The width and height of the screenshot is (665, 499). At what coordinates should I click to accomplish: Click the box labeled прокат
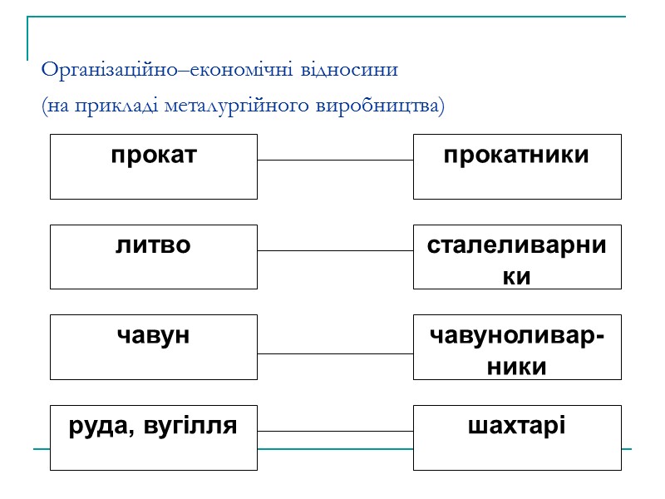click(x=154, y=166)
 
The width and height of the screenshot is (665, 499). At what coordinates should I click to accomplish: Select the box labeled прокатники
click(x=517, y=166)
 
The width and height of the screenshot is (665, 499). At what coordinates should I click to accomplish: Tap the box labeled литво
click(x=154, y=257)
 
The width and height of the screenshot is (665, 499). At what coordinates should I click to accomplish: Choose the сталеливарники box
click(x=517, y=257)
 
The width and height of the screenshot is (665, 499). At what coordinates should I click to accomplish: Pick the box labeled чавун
click(x=154, y=347)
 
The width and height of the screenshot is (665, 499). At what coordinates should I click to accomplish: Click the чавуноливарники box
click(x=517, y=347)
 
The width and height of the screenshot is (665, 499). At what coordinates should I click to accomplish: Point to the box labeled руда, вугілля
click(x=154, y=437)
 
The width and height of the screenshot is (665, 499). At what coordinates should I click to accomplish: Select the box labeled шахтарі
click(x=517, y=437)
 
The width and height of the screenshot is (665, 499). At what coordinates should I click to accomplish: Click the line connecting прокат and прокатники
click(x=335, y=160)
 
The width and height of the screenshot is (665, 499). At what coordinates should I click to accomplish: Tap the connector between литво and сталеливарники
click(x=335, y=250)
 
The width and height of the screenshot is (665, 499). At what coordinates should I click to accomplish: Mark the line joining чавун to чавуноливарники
click(x=335, y=353)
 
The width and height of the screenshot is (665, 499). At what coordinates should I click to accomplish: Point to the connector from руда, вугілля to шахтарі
click(x=335, y=431)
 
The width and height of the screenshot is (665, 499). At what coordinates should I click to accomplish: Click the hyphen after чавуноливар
click(x=601, y=337)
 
